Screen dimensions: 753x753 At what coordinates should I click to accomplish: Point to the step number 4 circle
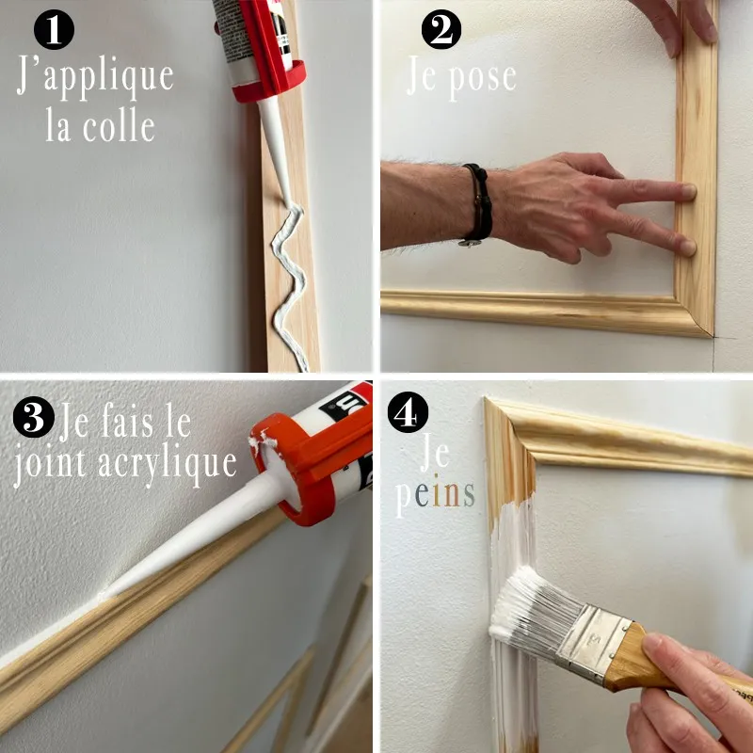pos(410,414)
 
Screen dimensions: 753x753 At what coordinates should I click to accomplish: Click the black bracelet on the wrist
pos(478,202)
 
